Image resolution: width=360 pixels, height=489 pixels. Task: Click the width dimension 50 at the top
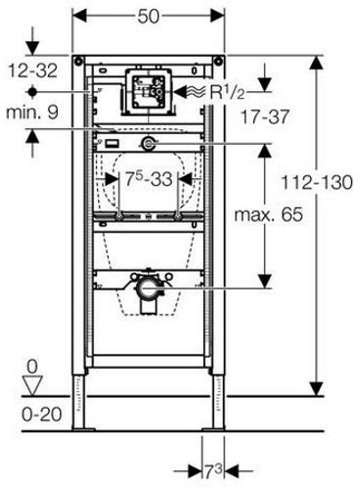click(149, 16)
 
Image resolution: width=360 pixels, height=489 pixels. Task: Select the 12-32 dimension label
click(32, 70)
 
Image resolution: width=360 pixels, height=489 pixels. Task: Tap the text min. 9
click(32, 112)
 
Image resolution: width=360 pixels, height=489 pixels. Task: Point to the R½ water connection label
click(227, 92)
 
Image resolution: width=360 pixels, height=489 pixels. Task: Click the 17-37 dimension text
click(265, 116)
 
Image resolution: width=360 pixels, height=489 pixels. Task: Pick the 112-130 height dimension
click(317, 182)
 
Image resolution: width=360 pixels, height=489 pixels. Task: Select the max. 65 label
click(269, 214)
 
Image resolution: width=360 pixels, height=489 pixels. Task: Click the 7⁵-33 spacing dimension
click(149, 179)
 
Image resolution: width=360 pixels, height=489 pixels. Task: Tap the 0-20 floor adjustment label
click(42, 415)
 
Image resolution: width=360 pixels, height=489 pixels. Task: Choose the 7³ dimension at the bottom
click(213, 471)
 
